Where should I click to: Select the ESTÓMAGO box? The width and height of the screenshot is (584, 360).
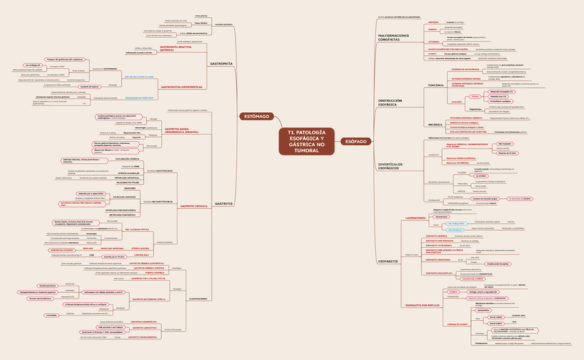257,117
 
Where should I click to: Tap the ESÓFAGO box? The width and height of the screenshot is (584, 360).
356,140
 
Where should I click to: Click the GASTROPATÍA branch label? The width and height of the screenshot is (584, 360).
220,63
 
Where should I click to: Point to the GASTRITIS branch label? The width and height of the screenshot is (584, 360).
224,204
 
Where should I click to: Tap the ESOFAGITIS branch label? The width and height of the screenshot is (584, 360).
388,262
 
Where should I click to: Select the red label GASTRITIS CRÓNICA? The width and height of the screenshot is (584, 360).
194,206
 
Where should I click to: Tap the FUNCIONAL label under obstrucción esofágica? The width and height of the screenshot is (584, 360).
437,85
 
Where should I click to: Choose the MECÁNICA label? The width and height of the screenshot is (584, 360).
435,125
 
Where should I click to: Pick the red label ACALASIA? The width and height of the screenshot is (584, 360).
456,100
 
